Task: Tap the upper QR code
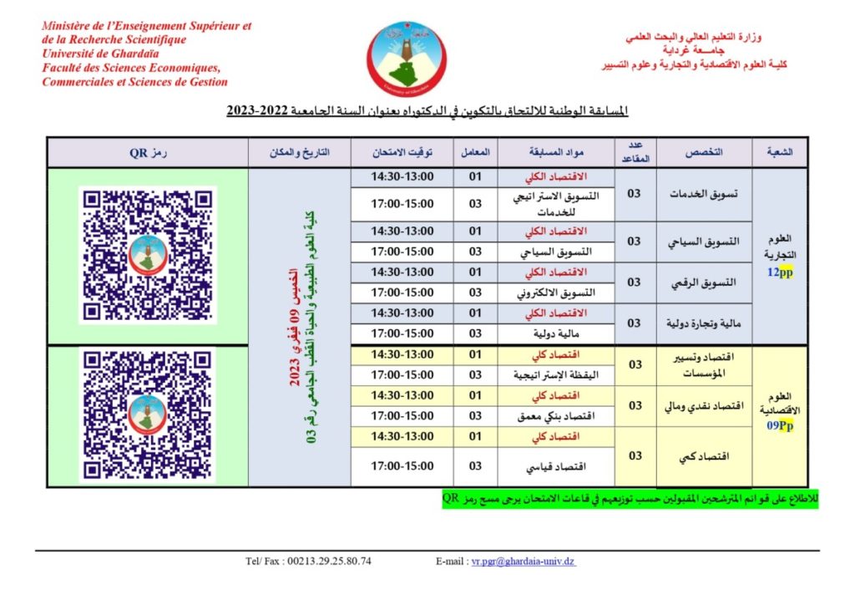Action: (x=148, y=255)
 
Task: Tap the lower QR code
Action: (x=148, y=414)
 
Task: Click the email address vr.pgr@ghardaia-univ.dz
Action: (x=523, y=561)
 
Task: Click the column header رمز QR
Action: (x=148, y=153)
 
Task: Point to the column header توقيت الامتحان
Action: (x=402, y=153)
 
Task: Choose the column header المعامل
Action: (x=475, y=153)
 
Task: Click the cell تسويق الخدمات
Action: (x=706, y=194)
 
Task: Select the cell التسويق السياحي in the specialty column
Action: (x=706, y=241)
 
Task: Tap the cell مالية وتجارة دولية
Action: (x=706, y=323)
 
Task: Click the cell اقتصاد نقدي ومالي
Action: (x=706, y=405)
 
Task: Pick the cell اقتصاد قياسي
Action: (x=706, y=456)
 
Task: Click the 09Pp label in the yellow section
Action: (x=780, y=425)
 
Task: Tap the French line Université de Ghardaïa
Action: (x=94, y=53)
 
